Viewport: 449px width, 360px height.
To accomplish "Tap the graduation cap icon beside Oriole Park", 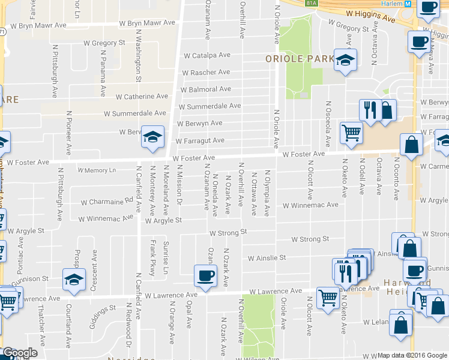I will click(x=345, y=61).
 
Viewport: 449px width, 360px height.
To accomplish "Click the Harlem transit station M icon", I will click(x=408, y=4).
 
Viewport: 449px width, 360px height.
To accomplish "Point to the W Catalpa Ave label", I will click(x=207, y=55).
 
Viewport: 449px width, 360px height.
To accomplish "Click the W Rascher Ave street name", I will click(x=206, y=73).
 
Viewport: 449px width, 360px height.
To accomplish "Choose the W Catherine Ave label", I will click(x=142, y=96).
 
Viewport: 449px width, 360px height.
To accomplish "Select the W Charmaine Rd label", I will click(x=106, y=202).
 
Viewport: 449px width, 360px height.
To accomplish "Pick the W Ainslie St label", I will click(x=267, y=258).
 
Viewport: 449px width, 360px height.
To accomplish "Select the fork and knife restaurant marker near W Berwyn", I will click(x=369, y=110).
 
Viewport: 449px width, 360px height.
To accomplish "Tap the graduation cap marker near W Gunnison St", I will click(x=74, y=280).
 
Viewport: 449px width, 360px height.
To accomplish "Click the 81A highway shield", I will click(x=310, y=3).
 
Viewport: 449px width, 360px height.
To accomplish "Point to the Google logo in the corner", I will click(x=19, y=353).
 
